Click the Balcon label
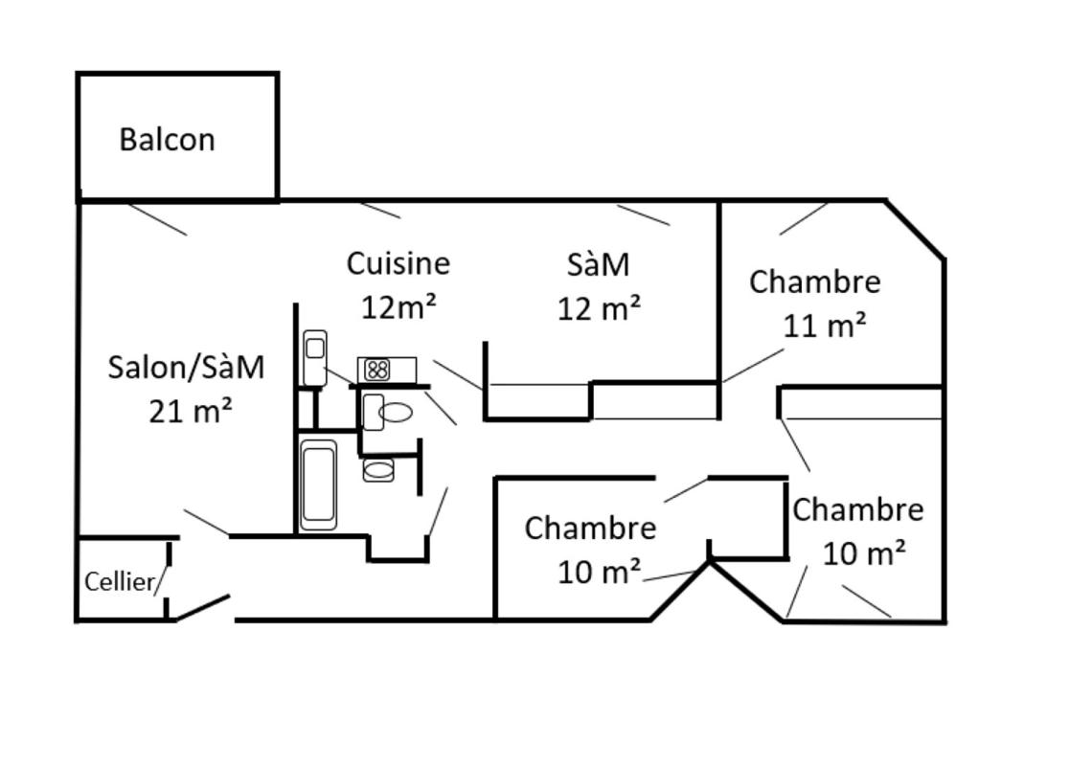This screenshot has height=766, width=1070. [167, 140]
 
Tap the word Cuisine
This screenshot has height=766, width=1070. [398, 262]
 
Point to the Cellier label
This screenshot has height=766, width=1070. [120, 581]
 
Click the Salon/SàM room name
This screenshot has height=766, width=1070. [186, 367]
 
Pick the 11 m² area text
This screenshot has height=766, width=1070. [825, 326]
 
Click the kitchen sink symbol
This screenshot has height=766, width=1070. [315, 357]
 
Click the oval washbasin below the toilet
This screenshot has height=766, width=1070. [378, 470]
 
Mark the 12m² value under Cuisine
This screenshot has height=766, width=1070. [398, 306]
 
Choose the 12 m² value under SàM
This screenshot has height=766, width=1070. [599, 308]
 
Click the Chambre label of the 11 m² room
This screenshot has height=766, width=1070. [814, 282]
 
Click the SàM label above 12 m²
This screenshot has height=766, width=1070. [599, 264]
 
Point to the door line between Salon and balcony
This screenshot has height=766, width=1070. [157, 219]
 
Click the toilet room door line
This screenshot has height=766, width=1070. [441, 408]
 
